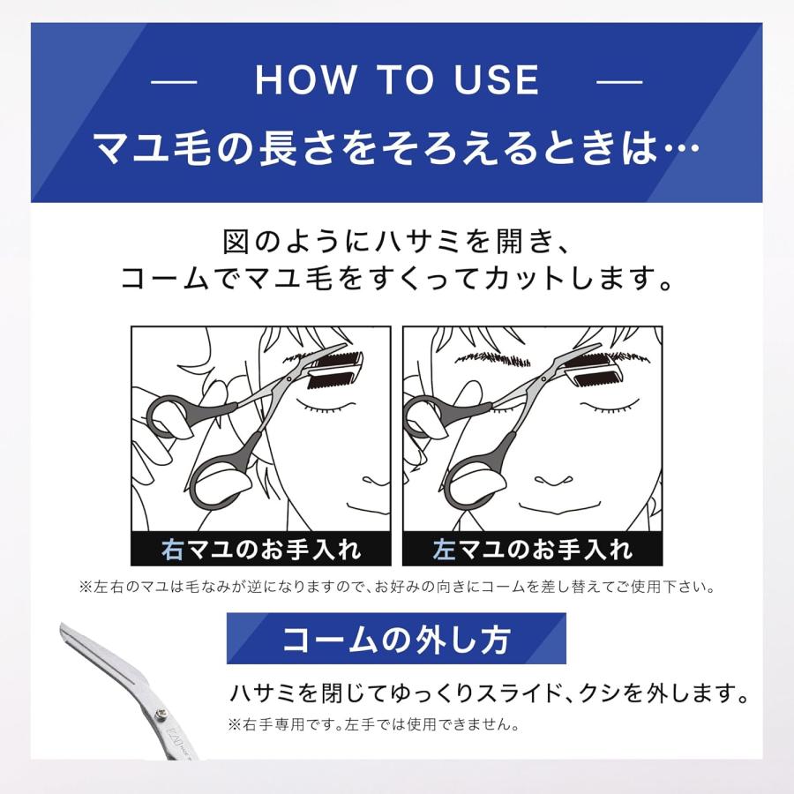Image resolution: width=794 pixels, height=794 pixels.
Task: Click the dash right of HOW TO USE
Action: tap(619, 81)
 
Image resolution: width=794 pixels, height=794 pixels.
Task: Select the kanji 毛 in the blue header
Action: tap(203, 147)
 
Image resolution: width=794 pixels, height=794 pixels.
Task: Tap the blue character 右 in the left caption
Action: tap(173, 550)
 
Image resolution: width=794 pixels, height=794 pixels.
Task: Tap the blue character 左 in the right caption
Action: tap(445, 550)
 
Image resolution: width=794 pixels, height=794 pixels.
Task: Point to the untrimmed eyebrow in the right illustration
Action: tap(491, 360)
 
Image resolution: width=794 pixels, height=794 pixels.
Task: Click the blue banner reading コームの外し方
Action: tap(396, 639)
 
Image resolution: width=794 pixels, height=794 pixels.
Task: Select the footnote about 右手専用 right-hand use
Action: tap(373, 726)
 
